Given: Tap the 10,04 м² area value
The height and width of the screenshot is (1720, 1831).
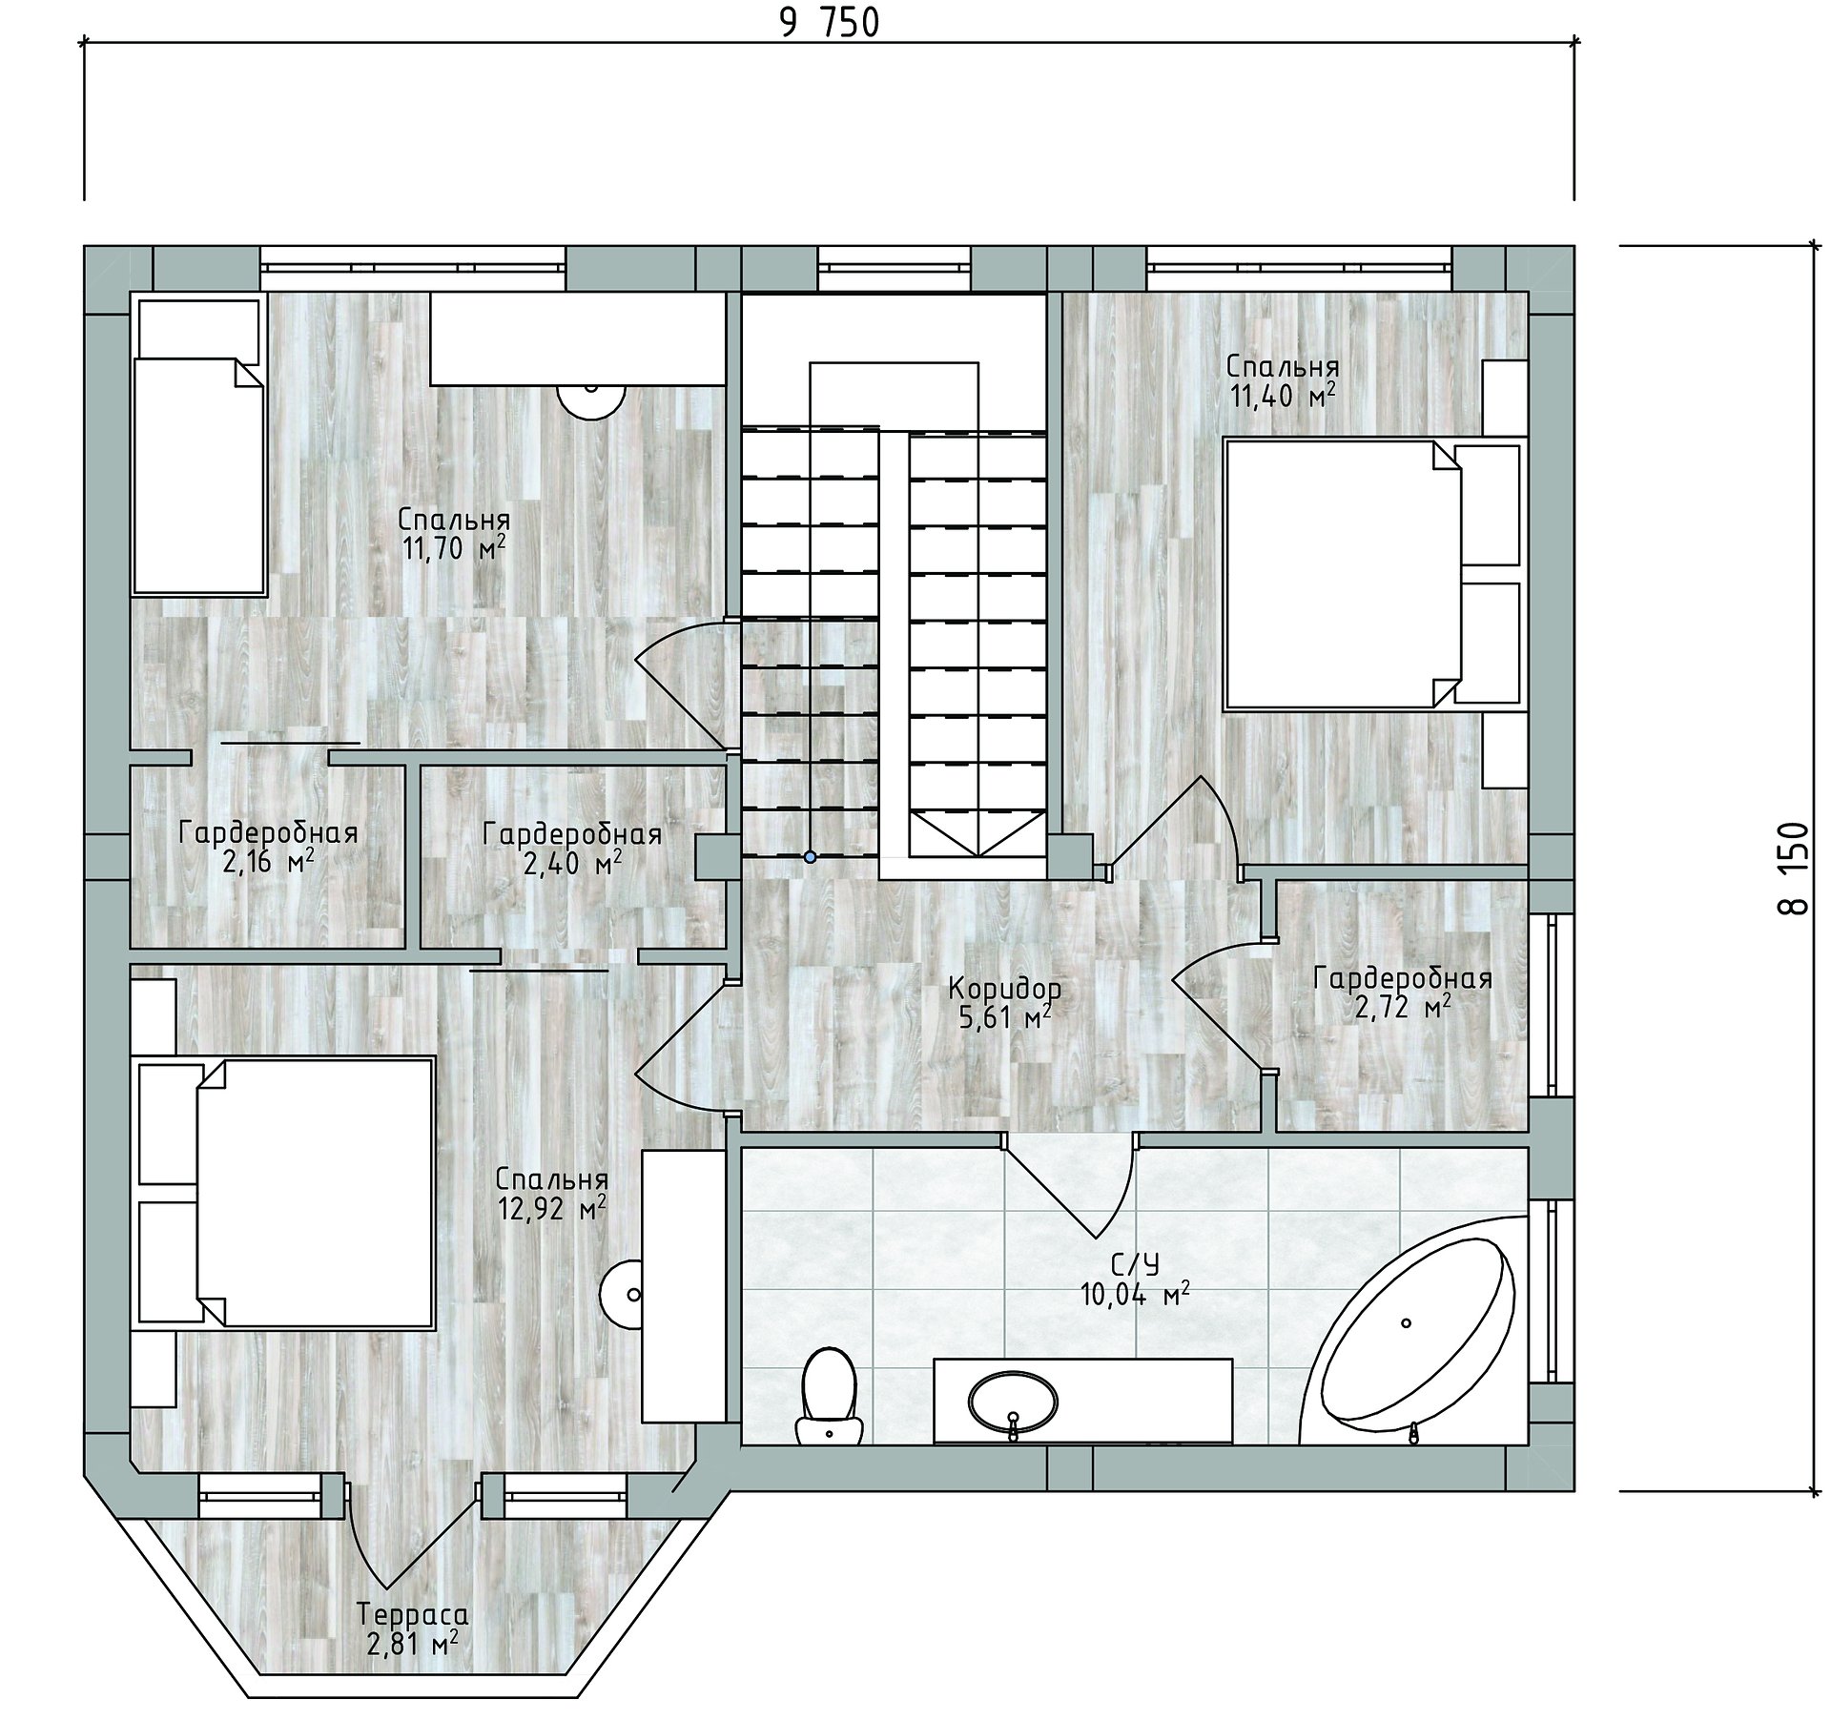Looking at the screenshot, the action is pyautogui.click(x=1135, y=1294).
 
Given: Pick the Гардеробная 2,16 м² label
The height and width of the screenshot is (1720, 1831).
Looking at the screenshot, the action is pyautogui.click(x=268, y=848).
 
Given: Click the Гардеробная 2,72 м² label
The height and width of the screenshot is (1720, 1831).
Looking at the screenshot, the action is pyautogui.click(x=1403, y=993).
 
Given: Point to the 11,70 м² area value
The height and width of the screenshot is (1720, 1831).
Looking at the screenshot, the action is pyautogui.click(x=453, y=549).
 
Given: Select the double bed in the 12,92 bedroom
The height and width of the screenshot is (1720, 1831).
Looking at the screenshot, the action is pyautogui.click(x=286, y=1192).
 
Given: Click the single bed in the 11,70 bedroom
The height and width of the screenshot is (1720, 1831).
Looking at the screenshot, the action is pyautogui.click(x=198, y=446).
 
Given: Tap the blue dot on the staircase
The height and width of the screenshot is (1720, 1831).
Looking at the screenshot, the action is pyautogui.click(x=810, y=857).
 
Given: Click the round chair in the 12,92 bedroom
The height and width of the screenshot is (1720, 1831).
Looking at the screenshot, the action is pyautogui.click(x=622, y=1296).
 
